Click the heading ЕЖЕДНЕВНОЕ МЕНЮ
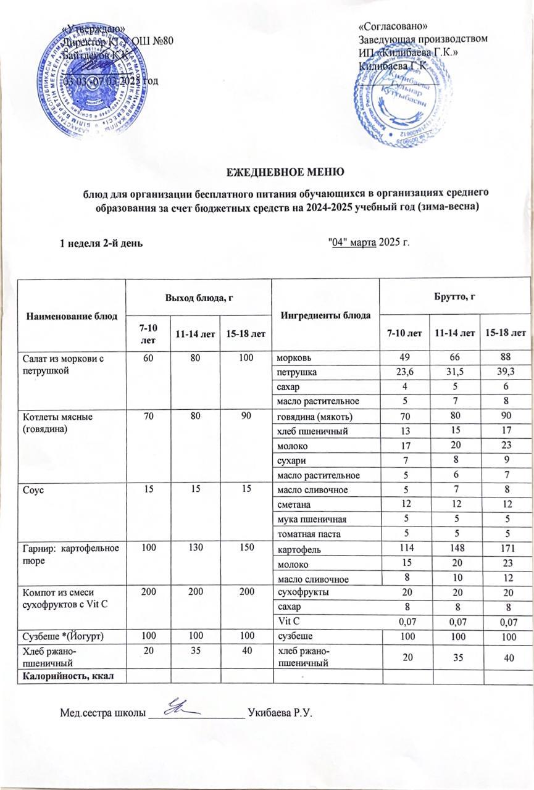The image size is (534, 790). pos(267,170)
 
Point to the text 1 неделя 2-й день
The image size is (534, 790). pos(102,243)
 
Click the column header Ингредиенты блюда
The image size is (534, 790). pos(325,315)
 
